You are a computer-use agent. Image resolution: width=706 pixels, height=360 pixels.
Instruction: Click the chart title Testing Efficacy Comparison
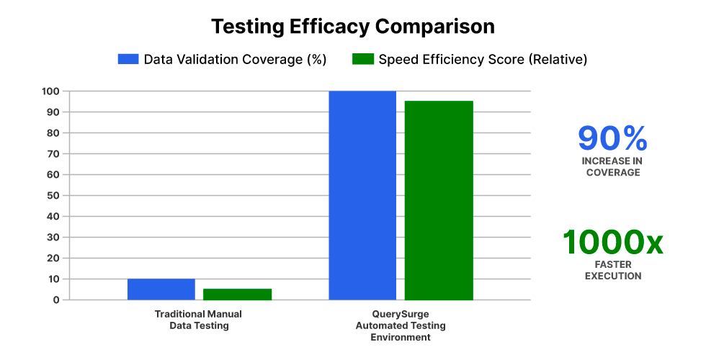click(x=353, y=27)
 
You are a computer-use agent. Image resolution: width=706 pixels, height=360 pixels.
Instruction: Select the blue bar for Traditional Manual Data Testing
click(x=161, y=289)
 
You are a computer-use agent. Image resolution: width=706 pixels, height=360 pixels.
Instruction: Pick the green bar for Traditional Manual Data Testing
click(x=237, y=294)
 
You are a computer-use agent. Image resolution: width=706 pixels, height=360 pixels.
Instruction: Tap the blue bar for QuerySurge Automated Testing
click(x=362, y=195)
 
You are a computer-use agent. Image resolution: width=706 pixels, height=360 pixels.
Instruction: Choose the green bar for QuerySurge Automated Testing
click(x=439, y=200)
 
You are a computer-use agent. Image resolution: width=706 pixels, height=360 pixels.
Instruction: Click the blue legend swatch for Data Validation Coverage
click(x=128, y=60)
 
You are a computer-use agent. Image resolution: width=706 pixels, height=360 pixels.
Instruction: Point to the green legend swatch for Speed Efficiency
click(x=362, y=60)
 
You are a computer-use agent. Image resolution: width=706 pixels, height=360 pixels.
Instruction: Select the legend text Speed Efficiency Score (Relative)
click(x=483, y=60)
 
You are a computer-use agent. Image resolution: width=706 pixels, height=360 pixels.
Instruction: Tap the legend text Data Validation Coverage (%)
click(x=236, y=60)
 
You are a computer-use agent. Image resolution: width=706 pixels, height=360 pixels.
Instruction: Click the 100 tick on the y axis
click(x=50, y=91)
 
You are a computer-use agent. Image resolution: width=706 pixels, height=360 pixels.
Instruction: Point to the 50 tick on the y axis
click(x=53, y=196)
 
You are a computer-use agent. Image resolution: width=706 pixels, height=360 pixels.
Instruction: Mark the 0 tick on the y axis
click(x=55, y=300)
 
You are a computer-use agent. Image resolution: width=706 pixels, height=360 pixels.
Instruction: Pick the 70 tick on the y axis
click(x=53, y=154)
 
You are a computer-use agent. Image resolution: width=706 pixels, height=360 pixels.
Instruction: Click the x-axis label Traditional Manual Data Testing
click(x=198, y=320)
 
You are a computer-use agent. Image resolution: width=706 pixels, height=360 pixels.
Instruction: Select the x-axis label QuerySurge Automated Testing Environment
click(x=401, y=325)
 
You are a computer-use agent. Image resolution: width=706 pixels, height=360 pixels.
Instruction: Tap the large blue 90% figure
click(x=612, y=139)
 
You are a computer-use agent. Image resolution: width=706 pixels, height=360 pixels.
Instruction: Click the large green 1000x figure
click(x=612, y=243)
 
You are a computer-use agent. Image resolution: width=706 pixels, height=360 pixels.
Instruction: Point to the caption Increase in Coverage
click(x=612, y=166)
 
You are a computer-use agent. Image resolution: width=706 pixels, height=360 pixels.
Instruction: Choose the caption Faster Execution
click(x=612, y=270)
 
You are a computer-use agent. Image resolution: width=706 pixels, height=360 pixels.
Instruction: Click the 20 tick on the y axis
click(x=53, y=258)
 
